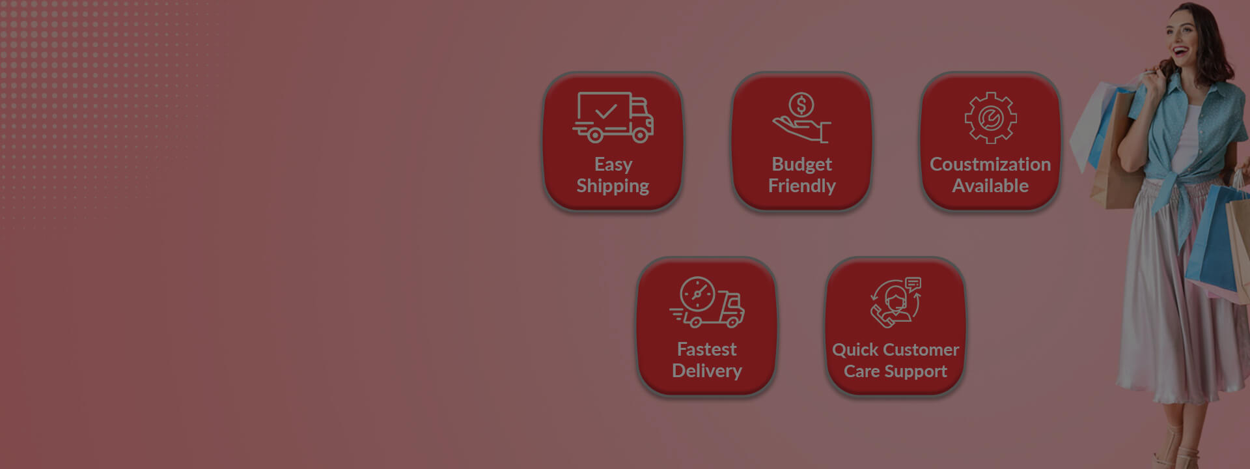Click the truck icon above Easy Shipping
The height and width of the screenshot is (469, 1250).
tap(613, 117)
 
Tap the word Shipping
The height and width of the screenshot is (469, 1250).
tap(613, 186)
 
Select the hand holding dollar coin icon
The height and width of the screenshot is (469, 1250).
tap(801, 117)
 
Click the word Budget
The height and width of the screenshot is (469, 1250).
tap(801, 165)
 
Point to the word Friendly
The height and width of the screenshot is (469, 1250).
tap(801, 186)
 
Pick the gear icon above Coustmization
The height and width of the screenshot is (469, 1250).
tap(990, 118)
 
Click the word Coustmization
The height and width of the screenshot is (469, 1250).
tap(990, 164)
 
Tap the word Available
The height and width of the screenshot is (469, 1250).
tap(990, 186)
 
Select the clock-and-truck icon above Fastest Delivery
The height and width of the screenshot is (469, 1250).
tap(707, 302)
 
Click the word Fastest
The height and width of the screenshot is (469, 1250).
tap(707, 349)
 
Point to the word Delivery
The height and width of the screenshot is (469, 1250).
tap(707, 371)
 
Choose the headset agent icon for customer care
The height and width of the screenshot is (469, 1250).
tap(896, 302)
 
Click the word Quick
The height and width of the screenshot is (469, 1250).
tap(855, 350)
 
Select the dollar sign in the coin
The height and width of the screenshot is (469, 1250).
tap(801, 104)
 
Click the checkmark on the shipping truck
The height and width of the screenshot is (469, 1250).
tap(605, 111)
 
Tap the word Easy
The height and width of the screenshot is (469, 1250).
tap(613, 165)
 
